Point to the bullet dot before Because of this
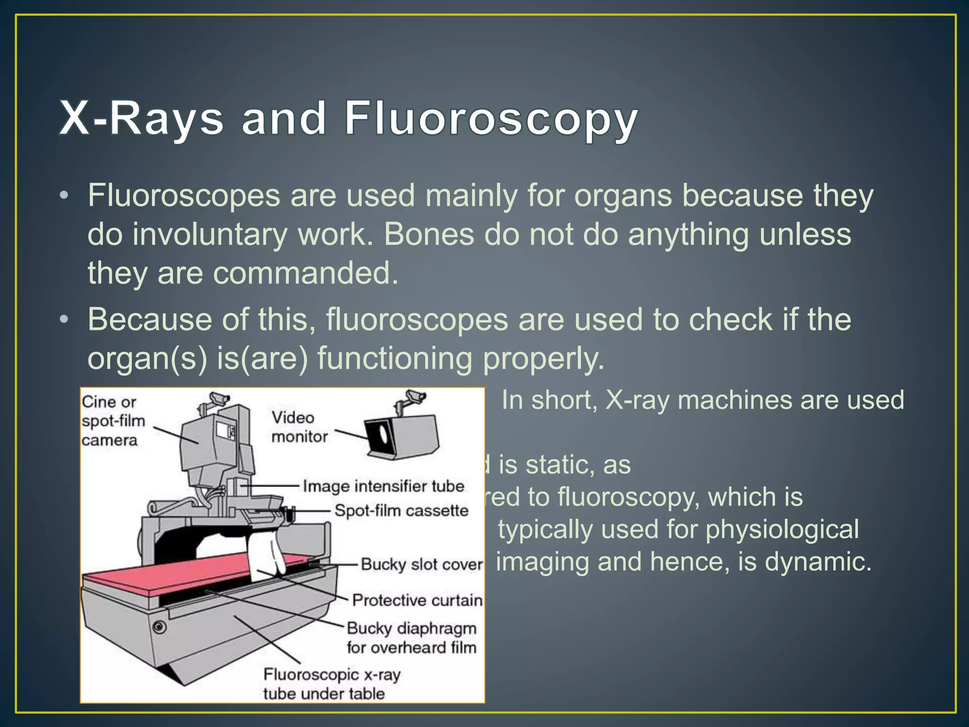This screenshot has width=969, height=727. (64, 319)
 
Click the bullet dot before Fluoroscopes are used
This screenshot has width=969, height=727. (64, 195)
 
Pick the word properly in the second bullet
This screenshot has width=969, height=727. (543, 358)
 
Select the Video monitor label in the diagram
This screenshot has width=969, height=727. (299, 427)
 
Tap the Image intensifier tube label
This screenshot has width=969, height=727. (383, 487)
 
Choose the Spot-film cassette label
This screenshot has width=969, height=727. (401, 511)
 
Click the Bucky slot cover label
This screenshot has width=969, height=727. (422, 564)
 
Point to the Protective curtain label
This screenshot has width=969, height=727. (417, 600)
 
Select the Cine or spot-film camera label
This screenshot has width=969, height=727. (113, 421)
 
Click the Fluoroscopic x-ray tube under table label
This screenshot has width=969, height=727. (331, 684)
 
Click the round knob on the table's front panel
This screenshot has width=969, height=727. (159, 627)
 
